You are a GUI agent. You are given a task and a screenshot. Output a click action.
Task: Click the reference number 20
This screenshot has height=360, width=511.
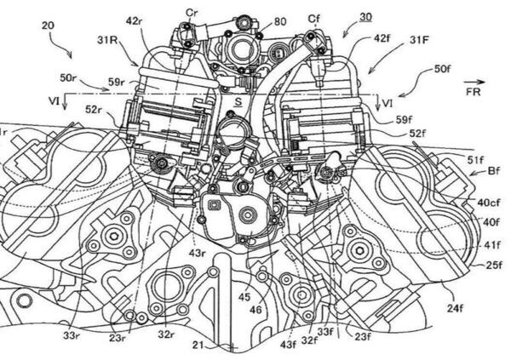pyautogui.click(x=49, y=26)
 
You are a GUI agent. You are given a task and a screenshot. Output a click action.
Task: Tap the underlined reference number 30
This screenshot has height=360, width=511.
pyautogui.click(x=365, y=17)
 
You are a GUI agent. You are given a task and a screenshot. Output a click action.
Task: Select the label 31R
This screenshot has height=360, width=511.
pyautogui.click(x=107, y=40)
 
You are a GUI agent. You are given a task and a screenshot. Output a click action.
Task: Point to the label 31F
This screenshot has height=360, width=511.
pyautogui.click(x=420, y=40)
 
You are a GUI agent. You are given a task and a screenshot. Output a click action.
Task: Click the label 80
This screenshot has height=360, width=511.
pyautogui.click(x=280, y=21)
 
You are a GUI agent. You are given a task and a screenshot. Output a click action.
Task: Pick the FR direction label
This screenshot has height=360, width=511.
pyautogui.click(x=474, y=92)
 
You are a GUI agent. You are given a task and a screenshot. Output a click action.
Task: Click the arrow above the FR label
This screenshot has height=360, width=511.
pyautogui.click(x=475, y=82)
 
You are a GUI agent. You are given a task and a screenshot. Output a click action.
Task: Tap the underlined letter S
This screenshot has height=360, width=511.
pyautogui.click(x=238, y=102)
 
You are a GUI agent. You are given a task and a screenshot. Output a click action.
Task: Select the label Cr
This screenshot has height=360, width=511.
pyautogui.click(x=192, y=13)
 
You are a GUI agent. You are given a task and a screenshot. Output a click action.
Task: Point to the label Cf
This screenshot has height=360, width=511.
pyautogui.click(x=313, y=20)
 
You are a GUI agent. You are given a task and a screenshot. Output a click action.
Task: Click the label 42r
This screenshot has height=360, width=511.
pyautogui.click(x=135, y=20)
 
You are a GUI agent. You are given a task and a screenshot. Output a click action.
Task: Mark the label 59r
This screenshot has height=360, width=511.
pyautogui.click(x=118, y=83)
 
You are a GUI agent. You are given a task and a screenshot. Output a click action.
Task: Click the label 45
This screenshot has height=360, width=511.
pyautogui.click(x=244, y=297)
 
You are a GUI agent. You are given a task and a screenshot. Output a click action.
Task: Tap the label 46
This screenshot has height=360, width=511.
pyautogui.click(x=255, y=309)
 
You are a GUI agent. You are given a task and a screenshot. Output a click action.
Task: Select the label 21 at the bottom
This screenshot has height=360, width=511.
pyautogui.click(x=198, y=345)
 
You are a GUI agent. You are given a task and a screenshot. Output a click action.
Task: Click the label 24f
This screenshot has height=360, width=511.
pyautogui.click(x=455, y=308)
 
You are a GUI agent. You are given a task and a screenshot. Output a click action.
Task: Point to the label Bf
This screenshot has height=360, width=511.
pyautogui.click(x=493, y=171)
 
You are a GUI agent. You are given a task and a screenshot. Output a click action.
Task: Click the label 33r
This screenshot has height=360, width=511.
pyautogui.click(x=72, y=334)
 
